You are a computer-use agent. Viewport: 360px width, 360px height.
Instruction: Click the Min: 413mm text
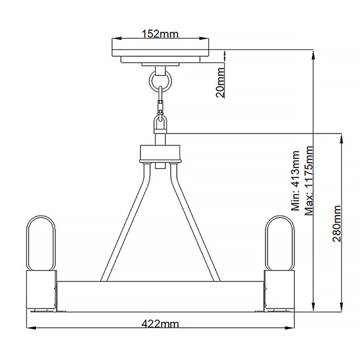tap(295, 181)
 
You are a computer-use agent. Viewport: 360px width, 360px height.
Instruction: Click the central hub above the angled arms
tap(160, 153)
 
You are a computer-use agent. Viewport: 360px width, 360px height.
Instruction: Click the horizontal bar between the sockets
tap(160, 294)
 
